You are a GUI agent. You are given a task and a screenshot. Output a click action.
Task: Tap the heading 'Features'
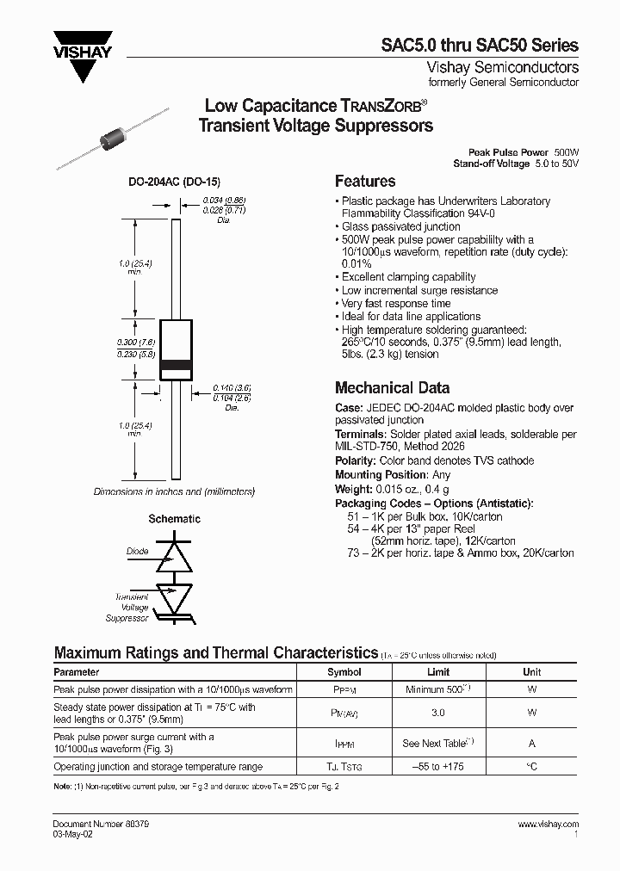click(x=364, y=182)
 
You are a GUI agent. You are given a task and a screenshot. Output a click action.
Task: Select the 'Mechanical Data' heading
click(x=392, y=388)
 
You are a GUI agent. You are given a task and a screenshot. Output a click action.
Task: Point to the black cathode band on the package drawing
click(x=176, y=364)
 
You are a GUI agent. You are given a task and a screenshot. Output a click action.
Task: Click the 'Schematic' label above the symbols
click(x=175, y=519)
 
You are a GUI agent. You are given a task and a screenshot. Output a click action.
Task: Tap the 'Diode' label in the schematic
click(x=137, y=552)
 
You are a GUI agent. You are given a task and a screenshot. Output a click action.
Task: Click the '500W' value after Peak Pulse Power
click(x=566, y=151)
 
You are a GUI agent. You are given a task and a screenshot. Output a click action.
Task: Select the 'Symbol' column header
click(x=344, y=672)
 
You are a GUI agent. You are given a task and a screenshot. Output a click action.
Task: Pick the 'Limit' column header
click(x=438, y=672)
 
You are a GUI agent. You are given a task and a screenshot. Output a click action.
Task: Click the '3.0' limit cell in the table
click(x=438, y=713)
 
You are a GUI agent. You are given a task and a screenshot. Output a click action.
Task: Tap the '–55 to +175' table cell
click(x=438, y=767)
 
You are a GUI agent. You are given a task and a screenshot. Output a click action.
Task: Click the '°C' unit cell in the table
click(x=532, y=767)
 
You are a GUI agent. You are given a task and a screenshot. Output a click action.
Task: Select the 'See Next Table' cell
click(x=438, y=743)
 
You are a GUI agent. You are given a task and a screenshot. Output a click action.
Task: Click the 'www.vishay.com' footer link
click(x=549, y=824)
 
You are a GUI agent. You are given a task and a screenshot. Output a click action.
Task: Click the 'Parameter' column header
click(x=77, y=672)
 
